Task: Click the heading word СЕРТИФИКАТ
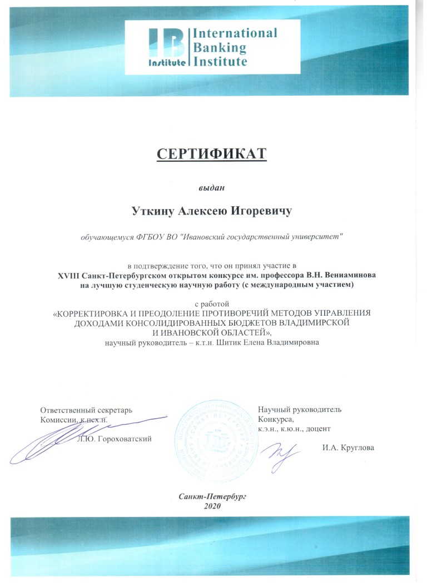coord(211,153)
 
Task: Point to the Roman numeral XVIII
coord(68,276)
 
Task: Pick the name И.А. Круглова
coord(347,447)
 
